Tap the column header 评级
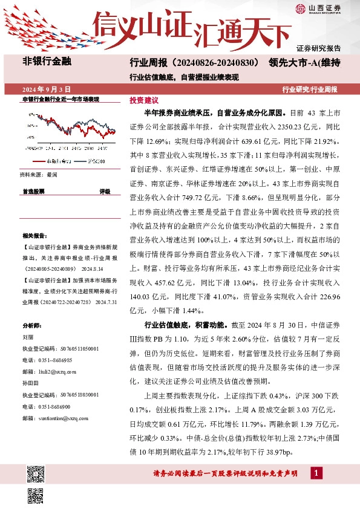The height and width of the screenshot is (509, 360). (x=105, y=190)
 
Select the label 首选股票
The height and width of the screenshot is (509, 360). (x=33, y=190)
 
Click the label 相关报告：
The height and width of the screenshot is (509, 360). (x=33, y=235)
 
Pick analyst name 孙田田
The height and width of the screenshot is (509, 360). (x=30, y=383)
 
